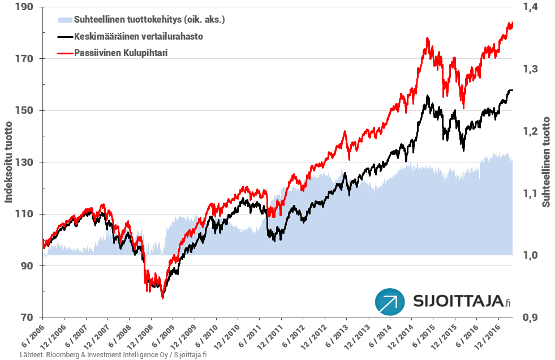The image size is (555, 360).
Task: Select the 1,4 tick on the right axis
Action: point(530,7)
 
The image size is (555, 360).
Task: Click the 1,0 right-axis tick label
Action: point(530,255)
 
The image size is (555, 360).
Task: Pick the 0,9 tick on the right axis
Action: point(530,318)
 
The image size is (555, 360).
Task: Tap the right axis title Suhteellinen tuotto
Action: point(547,162)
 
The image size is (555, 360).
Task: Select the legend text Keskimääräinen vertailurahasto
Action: point(139,36)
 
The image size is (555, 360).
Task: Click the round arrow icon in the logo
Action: point(390,302)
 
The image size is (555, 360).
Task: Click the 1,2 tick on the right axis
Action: point(530,131)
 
